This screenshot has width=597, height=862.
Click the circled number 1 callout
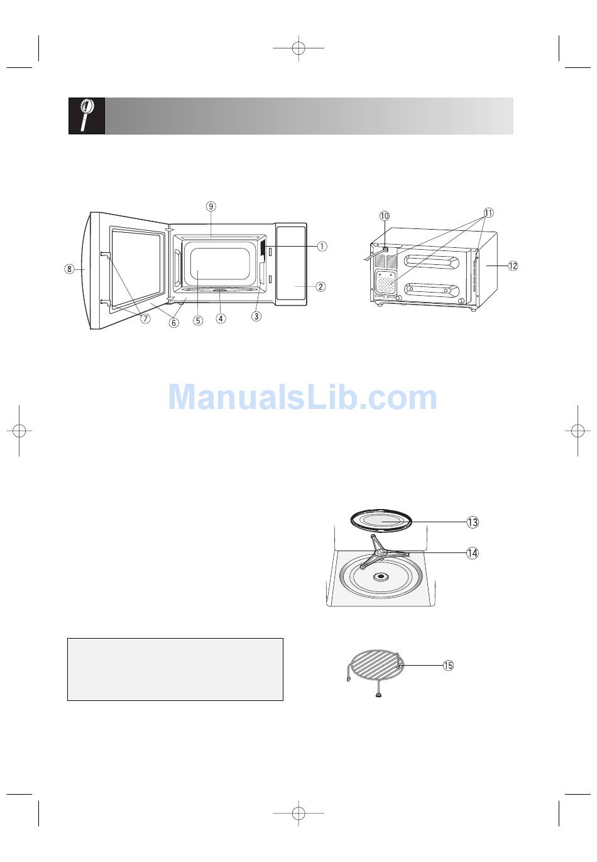[322, 246]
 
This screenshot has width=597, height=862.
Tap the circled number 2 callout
[320, 287]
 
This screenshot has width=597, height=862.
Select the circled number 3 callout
[256, 316]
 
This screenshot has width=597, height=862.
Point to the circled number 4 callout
[221, 318]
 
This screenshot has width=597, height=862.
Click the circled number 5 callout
[198, 320]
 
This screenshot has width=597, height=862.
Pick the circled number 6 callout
[174, 323]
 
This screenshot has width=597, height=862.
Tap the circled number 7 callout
[145, 318]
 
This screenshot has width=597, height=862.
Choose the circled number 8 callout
[69, 269]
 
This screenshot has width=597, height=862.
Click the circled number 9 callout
[211, 206]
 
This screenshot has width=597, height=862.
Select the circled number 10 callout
[385, 215]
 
